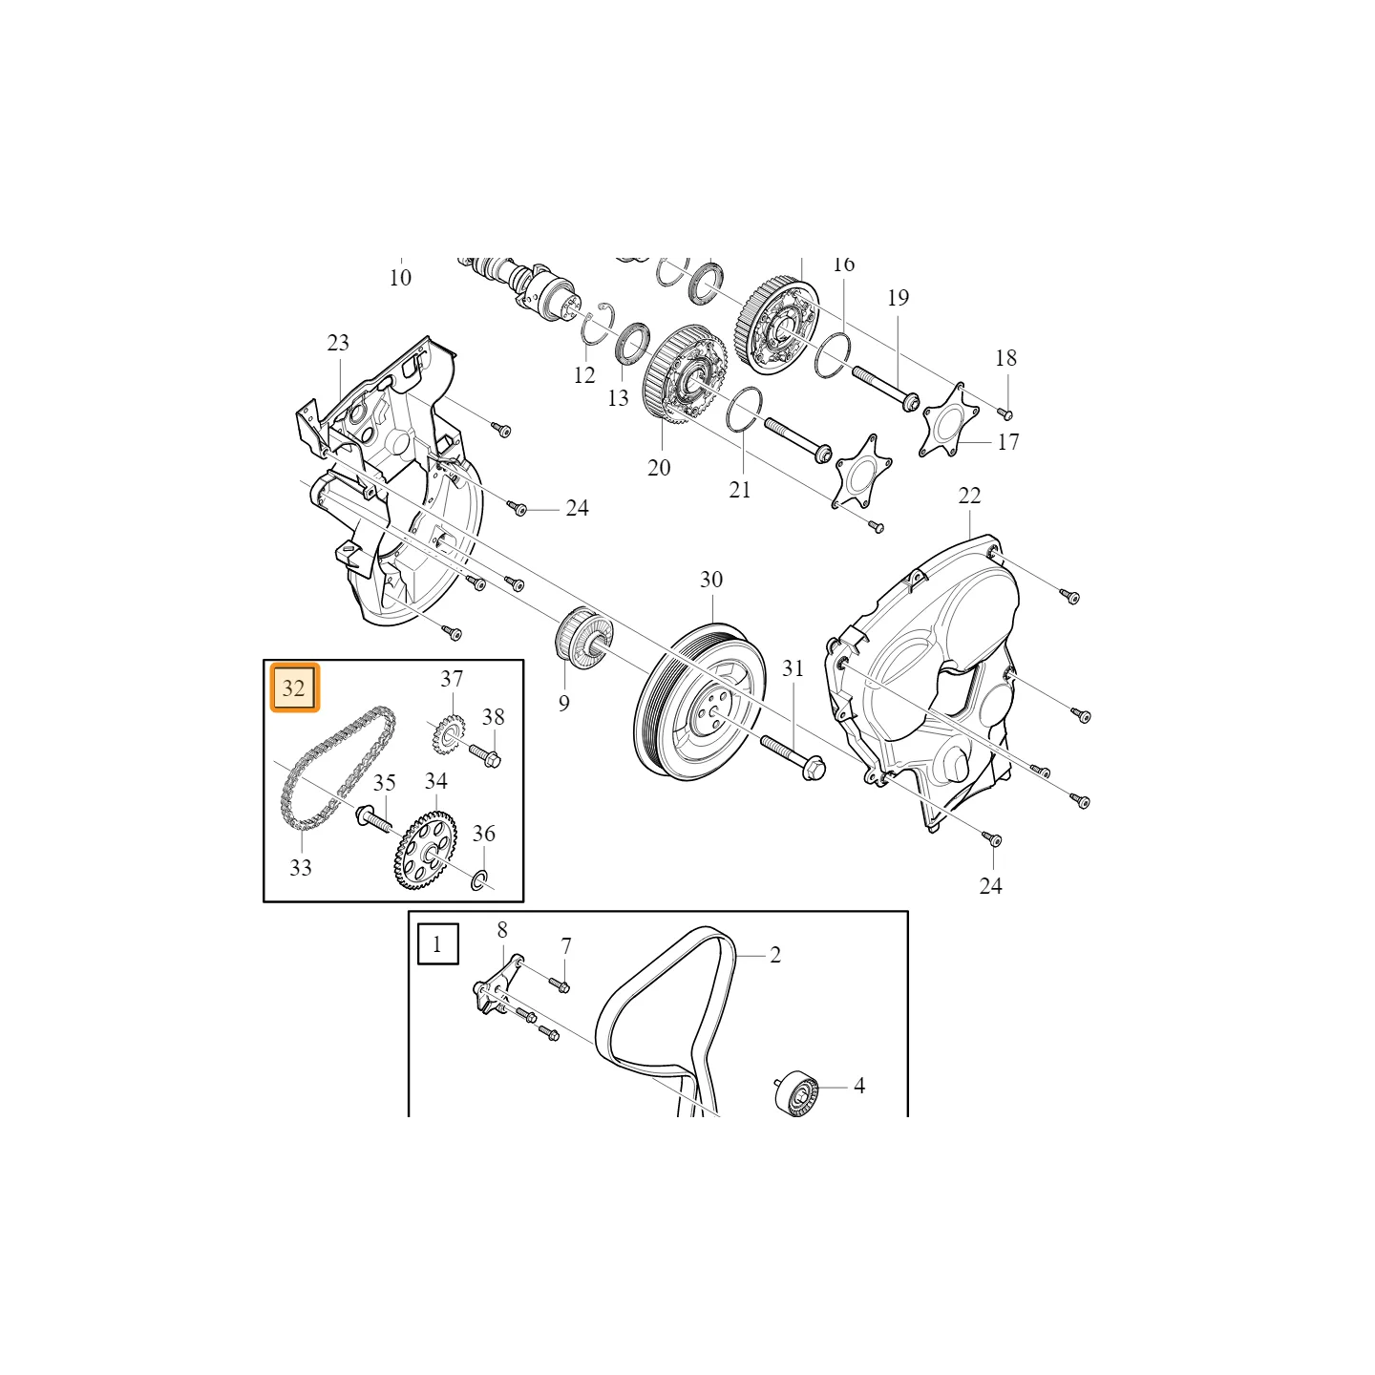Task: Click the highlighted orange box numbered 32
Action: tap(294, 687)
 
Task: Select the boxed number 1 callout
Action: tap(437, 944)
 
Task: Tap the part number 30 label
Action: tap(711, 580)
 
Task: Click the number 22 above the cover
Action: tap(970, 496)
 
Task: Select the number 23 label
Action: tap(338, 343)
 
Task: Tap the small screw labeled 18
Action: tap(1005, 412)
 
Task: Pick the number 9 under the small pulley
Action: tap(564, 704)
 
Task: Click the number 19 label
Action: tap(899, 297)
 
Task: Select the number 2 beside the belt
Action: tap(775, 955)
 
